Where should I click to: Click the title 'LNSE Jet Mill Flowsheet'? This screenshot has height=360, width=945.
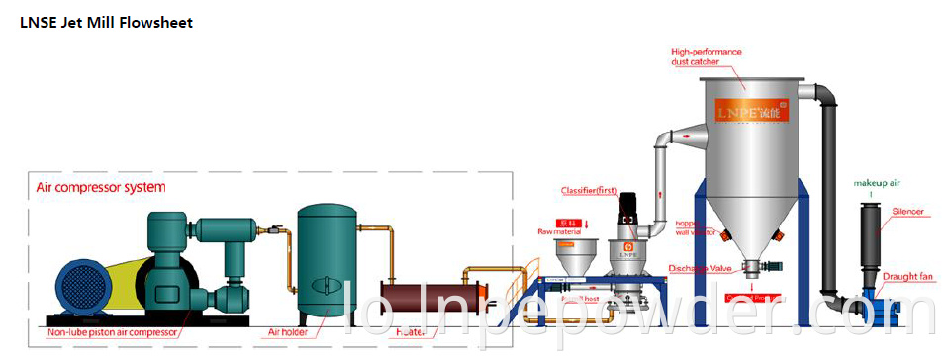pyautogui.click(x=107, y=23)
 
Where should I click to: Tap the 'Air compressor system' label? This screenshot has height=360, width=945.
pyautogui.click(x=101, y=186)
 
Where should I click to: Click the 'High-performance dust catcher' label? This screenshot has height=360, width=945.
pyautogui.click(x=706, y=57)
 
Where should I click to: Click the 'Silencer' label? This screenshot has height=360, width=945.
pyautogui.click(x=907, y=211)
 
